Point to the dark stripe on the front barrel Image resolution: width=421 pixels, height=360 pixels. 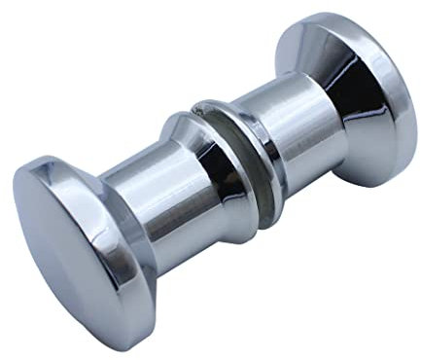[146, 234]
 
